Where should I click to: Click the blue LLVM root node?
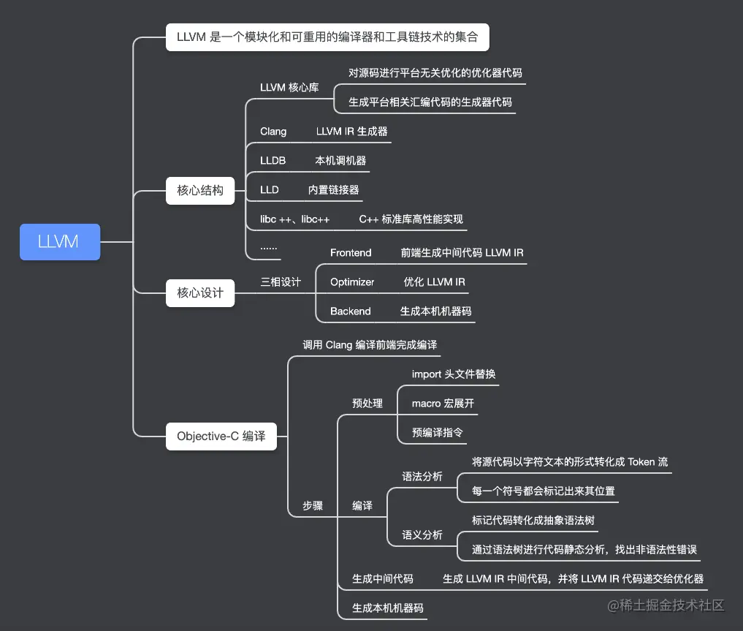coord(59,242)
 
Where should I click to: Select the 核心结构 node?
coord(199,190)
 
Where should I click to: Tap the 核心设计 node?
coord(199,292)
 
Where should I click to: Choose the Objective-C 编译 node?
coord(221,436)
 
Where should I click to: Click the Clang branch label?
coord(273,132)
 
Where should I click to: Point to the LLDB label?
coord(273,161)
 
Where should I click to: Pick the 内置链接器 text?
coord(333,190)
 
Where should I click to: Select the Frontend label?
coord(351,253)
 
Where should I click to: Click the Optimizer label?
coord(352,282)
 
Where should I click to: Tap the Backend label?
coord(350,311)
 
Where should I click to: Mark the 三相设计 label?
coord(281,282)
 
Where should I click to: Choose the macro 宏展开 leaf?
coord(443,404)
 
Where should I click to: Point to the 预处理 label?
coord(367,404)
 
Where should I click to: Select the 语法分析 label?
coord(422,477)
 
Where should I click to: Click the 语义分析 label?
coord(422,535)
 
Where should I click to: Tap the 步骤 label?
coord(313,506)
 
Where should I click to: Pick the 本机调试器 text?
coord(340,161)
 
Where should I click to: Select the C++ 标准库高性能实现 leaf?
coord(411,219)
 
